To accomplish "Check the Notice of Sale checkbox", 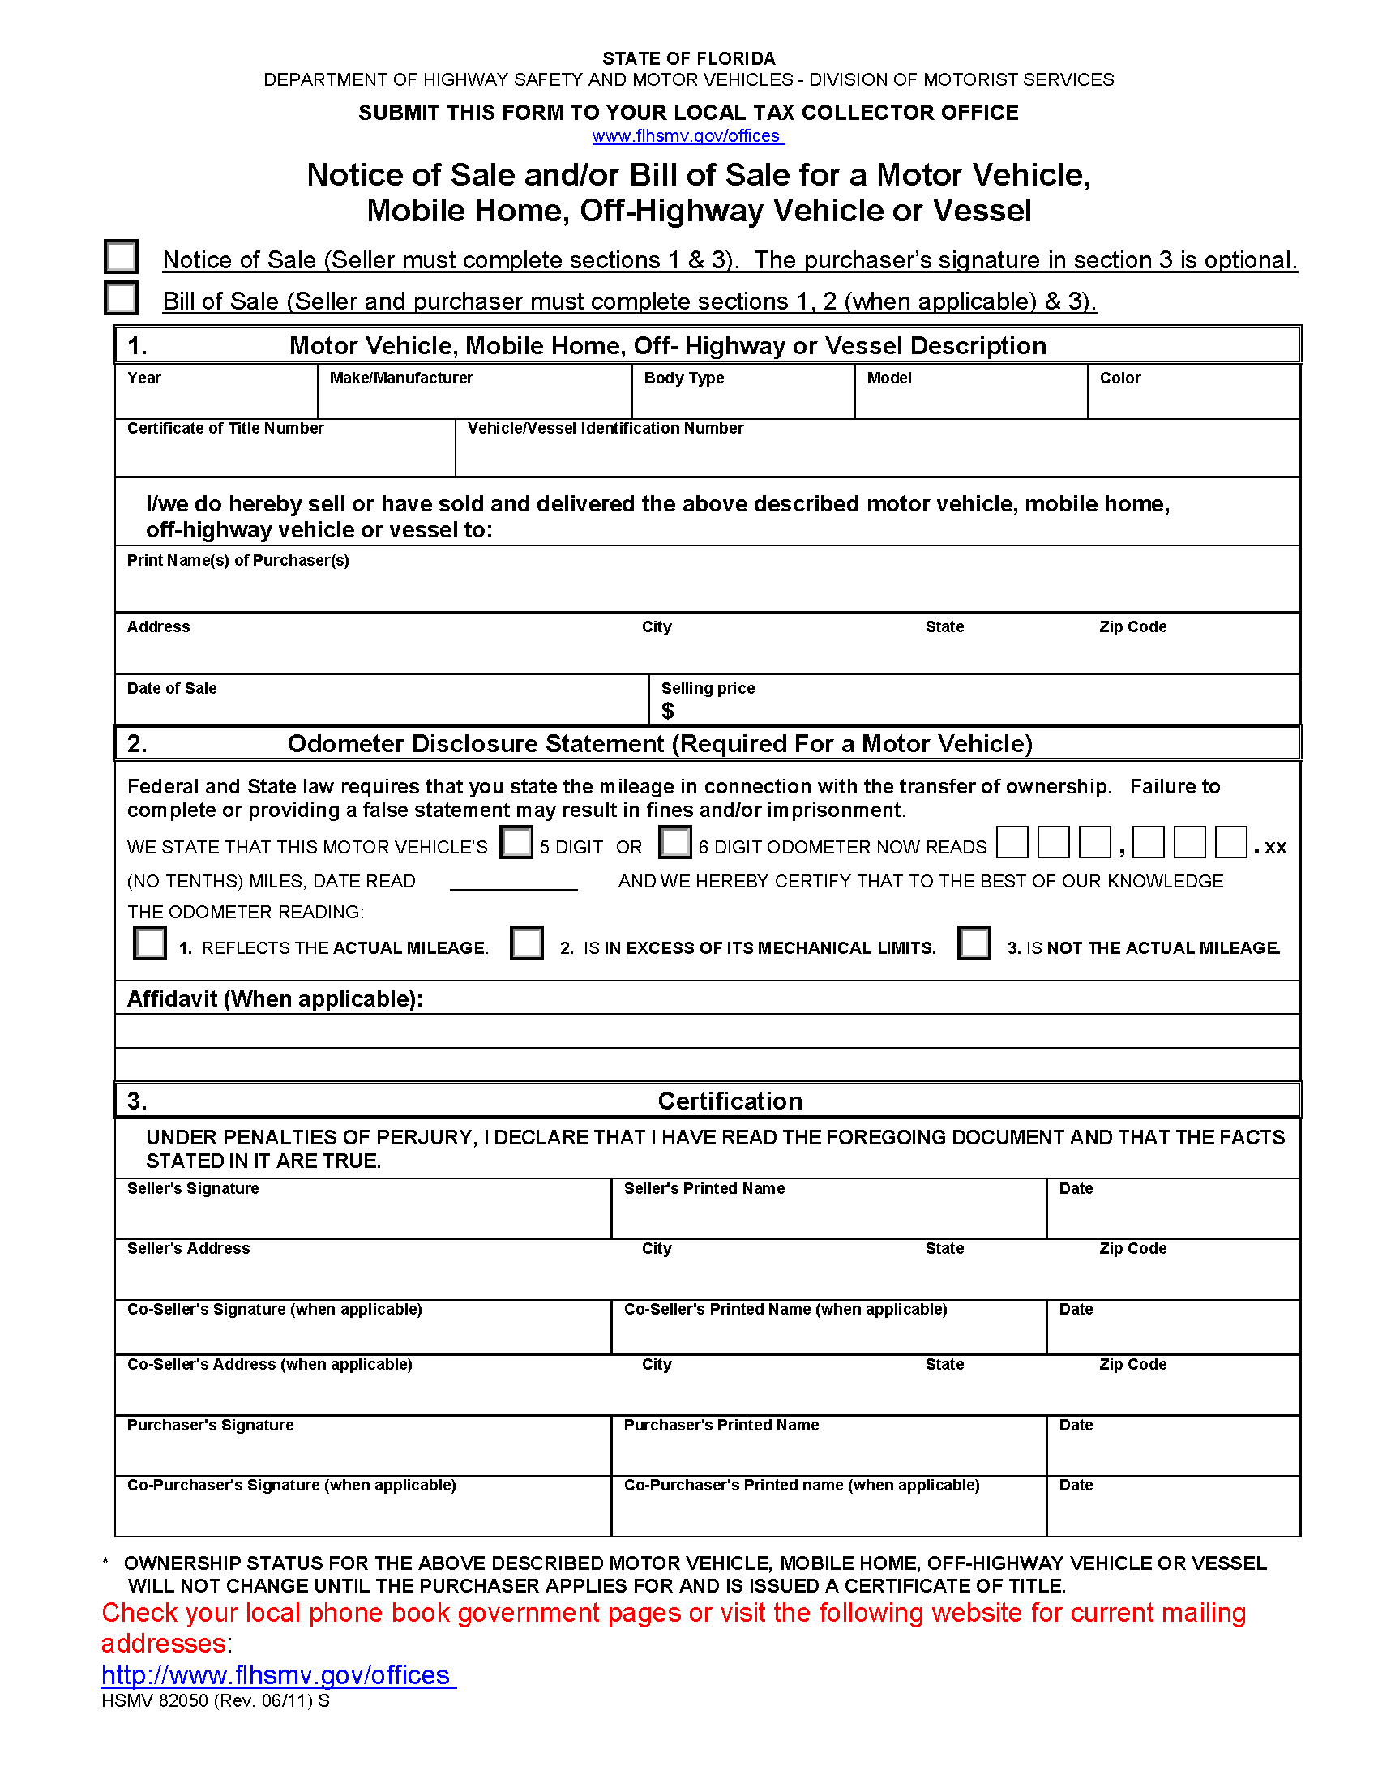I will click(x=121, y=256).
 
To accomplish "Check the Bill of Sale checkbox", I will click(x=121, y=298).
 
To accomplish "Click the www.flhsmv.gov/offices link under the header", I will click(x=687, y=135).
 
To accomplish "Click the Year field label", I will click(x=143, y=378).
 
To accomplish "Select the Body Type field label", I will click(x=683, y=378).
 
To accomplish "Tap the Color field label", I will click(x=1119, y=378).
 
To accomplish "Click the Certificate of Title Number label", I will click(x=225, y=429).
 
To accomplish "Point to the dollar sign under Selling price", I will click(x=667, y=712).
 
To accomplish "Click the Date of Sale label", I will click(x=171, y=688).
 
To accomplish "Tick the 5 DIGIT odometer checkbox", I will click(x=516, y=842).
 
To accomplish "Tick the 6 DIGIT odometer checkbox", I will click(x=674, y=842).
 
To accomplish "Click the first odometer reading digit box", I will click(x=1012, y=842).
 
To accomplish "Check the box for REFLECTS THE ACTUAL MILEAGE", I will click(x=149, y=943).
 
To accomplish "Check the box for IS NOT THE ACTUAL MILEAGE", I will click(x=973, y=943).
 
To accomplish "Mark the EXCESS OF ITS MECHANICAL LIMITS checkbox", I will click(x=527, y=943).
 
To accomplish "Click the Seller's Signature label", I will click(x=193, y=1189).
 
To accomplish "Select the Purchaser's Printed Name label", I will click(x=721, y=1425).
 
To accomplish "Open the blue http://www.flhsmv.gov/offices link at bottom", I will click(x=277, y=1675).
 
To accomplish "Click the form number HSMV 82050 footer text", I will click(x=215, y=1700).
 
